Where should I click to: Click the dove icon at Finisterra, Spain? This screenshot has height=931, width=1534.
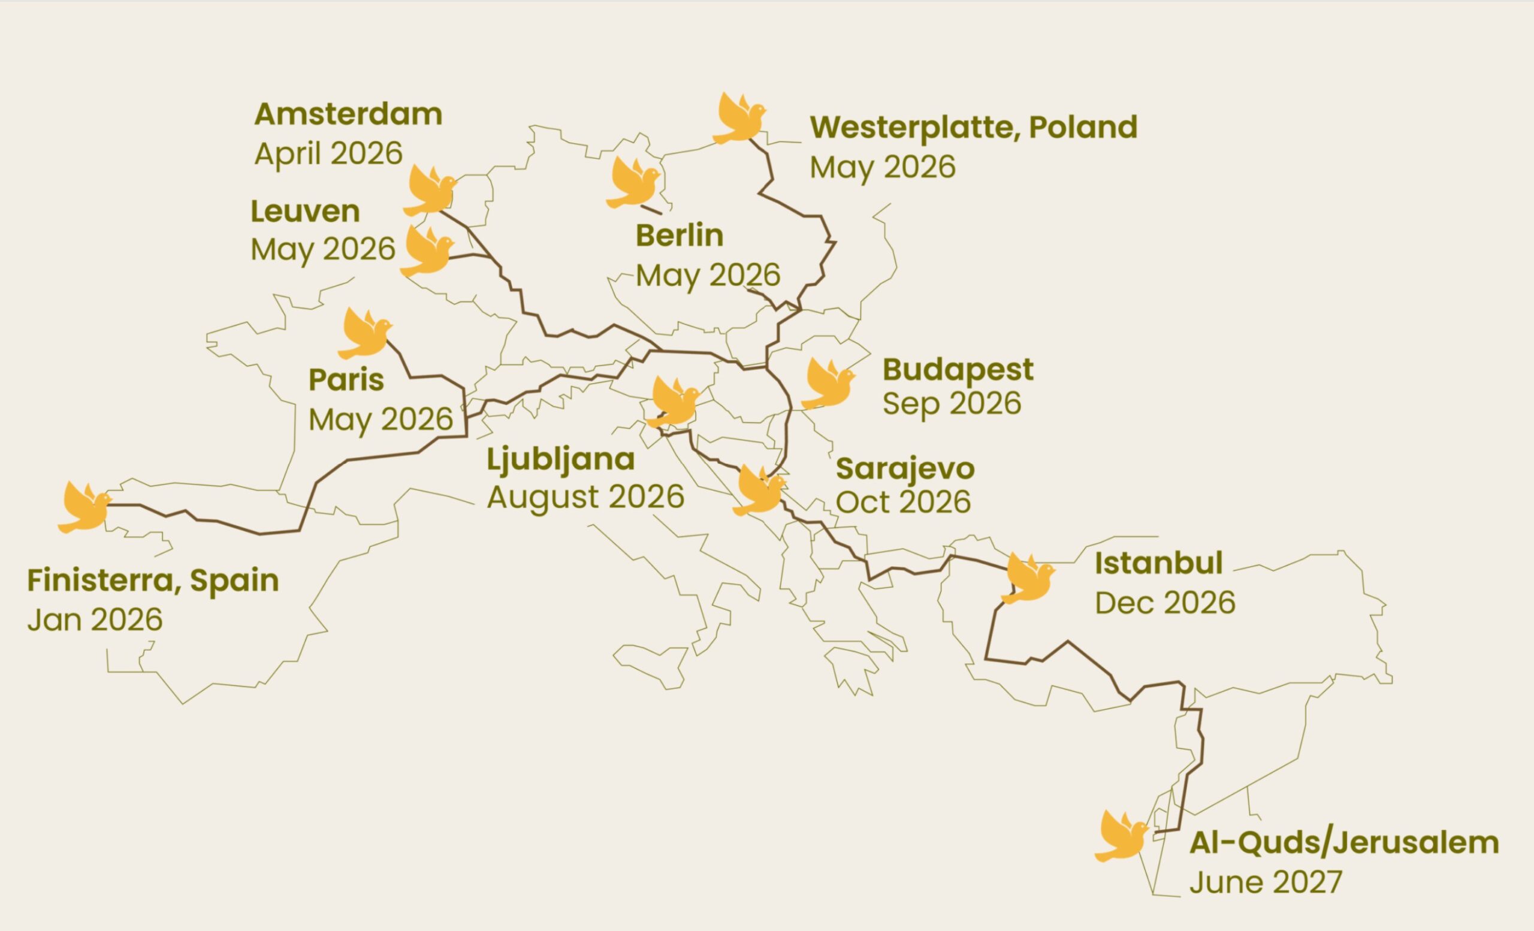84,507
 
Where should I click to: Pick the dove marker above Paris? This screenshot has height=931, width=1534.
364,334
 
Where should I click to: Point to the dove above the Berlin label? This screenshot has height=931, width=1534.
632,183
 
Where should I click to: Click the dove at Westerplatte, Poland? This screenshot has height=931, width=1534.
738,119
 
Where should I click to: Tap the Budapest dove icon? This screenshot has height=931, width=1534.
827,384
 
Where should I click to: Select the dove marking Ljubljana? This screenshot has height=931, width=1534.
673,402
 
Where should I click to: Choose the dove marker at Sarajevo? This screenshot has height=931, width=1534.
758,491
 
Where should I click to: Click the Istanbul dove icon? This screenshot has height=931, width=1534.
1027,578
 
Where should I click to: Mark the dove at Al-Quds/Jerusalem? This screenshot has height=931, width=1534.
1121,836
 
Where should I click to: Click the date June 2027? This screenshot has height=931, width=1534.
1265,882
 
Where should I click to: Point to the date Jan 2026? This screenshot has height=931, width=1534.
95,620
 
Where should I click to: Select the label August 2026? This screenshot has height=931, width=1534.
585,497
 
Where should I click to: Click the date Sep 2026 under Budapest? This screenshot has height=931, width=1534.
952,403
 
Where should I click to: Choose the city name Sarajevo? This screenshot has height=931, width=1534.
905,468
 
